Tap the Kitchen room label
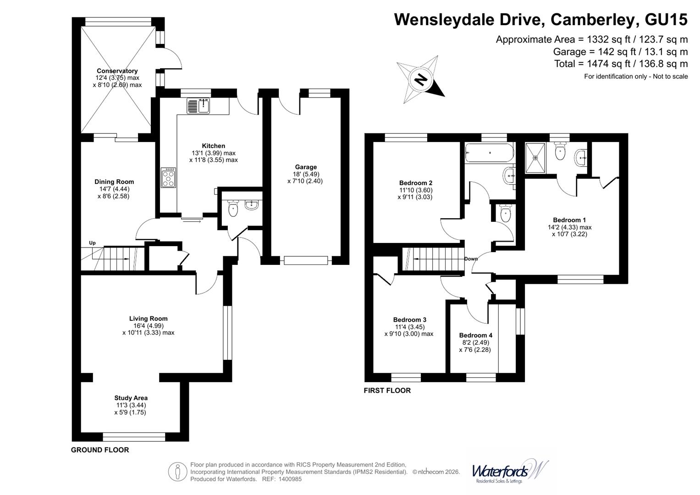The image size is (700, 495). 214,146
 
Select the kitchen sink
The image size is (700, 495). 198,106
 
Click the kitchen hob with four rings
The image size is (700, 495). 168,178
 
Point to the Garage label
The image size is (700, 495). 306,167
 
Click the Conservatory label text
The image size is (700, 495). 117,71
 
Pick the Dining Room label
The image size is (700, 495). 114,182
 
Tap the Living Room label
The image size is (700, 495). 148,319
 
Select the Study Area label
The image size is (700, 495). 131,398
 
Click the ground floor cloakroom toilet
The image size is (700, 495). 233,209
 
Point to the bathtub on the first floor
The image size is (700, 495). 490,153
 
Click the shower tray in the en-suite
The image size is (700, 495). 535,158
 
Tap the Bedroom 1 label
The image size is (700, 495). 569,220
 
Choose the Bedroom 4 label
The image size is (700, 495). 476,335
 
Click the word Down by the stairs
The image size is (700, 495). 471,259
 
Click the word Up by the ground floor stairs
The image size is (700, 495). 92,243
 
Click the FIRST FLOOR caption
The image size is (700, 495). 387,390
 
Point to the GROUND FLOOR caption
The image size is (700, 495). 100,450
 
